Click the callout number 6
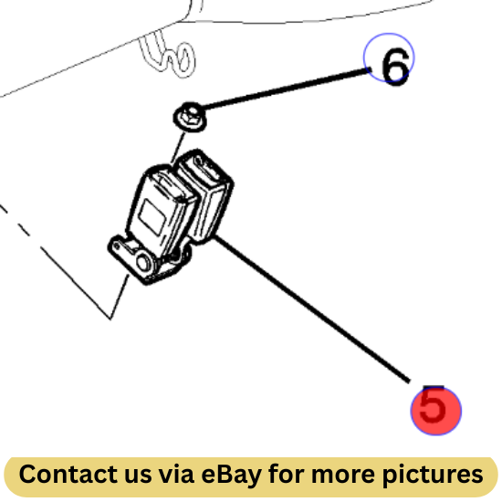point(395,67)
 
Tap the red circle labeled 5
point(436,411)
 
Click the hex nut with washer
point(190,117)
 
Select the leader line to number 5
point(311,309)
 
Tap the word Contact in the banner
point(65,474)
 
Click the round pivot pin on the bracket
point(143,261)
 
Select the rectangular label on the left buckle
point(153,216)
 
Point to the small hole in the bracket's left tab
point(117,246)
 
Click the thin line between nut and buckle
point(178,147)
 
